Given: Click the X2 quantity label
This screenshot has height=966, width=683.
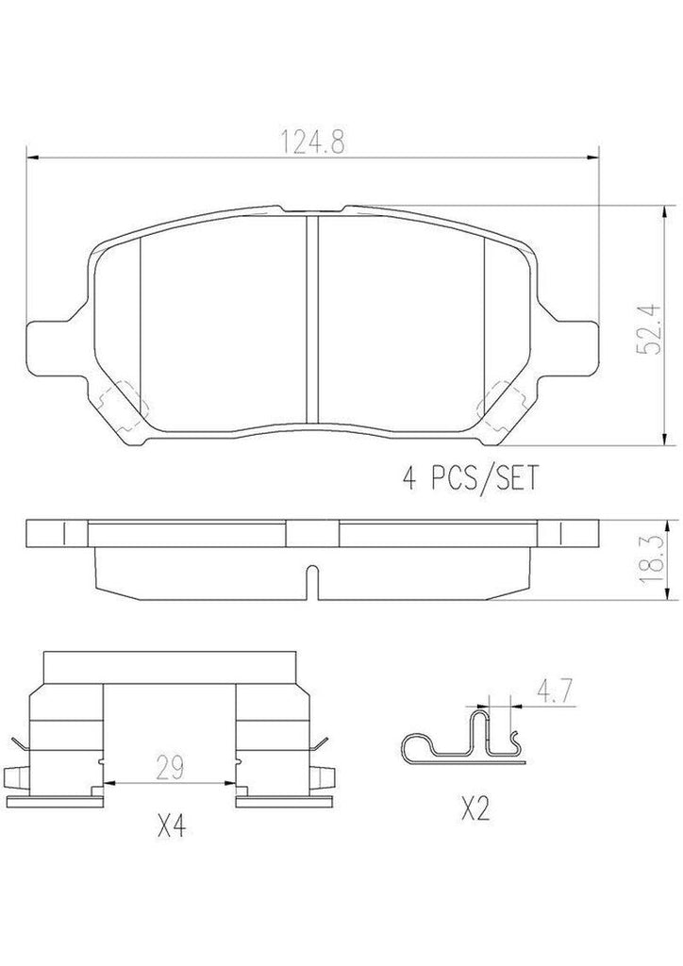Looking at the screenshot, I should click(477, 808).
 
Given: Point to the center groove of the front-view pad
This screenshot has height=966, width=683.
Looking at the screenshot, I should click(312, 321).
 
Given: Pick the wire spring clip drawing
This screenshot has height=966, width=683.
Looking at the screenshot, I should click(462, 740).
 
